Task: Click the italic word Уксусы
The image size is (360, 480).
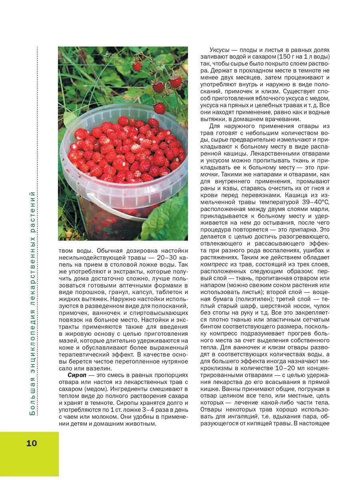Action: coord(219,50)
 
